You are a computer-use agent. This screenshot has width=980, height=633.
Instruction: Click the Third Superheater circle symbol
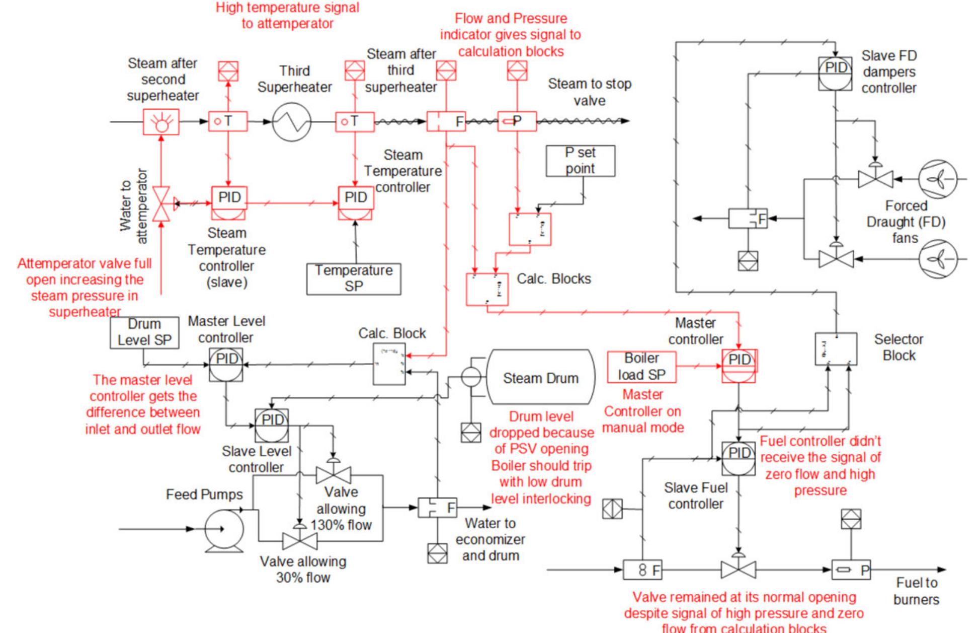(x=292, y=122)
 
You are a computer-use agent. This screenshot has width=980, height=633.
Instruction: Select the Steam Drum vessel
(x=540, y=378)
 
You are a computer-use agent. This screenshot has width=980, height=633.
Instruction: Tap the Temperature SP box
(x=354, y=278)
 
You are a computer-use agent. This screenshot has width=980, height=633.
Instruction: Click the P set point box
(x=580, y=161)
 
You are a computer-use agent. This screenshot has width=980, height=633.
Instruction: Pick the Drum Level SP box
(x=144, y=332)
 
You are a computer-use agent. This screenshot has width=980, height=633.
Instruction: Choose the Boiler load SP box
(x=641, y=367)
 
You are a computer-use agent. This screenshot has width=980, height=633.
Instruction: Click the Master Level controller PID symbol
(x=226, y=364)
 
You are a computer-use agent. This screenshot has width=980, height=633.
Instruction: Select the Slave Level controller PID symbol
(x=272, y=425)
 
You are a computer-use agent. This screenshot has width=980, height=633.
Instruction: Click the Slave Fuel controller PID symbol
(x=739, y=458)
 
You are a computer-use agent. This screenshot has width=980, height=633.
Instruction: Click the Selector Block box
(x=836, y=349)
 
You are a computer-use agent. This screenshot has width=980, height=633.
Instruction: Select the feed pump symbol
(x=224, y=529)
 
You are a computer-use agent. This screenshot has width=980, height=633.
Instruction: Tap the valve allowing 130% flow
(x=333, y=475)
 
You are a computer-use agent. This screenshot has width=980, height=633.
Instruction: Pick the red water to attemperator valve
(x=161, y=203)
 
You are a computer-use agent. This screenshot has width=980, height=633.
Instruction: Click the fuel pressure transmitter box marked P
(x=851, y=570)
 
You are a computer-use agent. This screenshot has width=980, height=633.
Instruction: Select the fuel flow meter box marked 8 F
(x=643, y=570)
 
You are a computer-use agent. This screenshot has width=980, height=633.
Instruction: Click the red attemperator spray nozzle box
(x=161, y=122)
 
